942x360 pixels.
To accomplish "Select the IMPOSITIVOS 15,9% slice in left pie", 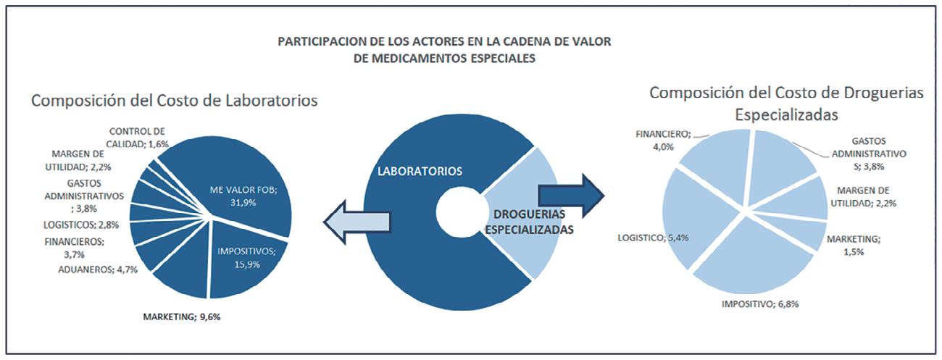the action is click(243, 257).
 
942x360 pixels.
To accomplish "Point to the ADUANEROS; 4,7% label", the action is click(93, 270).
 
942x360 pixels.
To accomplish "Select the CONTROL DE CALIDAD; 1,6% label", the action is click(138, 138).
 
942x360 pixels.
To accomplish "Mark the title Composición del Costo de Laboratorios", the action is click(174, 100).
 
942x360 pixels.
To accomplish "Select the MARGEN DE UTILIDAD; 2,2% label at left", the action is click(80, 160).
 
